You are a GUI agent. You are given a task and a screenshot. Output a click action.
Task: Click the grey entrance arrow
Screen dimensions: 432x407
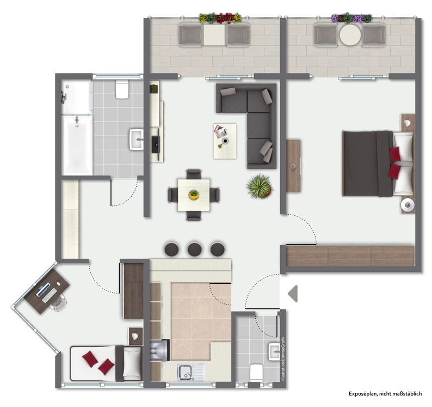pyautogui.click(x=293, y=294)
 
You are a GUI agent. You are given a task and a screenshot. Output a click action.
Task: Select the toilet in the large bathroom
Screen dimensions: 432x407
pyautogui.click(x=122, y=89)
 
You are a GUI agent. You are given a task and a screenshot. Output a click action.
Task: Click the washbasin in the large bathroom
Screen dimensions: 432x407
pyautogui.click(x=137, y=139)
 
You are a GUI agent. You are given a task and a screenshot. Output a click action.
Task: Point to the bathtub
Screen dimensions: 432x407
pyautogui.click(x=77, y=145)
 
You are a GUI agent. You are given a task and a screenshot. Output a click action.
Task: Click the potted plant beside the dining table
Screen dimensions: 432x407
pyautogui.click(x=260, y=186)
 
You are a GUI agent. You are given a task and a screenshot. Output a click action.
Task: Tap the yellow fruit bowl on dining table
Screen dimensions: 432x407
pyautogui.click(x=194, y=195)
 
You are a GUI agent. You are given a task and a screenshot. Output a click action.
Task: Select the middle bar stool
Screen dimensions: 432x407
pyautogui.click(x=195, y=249)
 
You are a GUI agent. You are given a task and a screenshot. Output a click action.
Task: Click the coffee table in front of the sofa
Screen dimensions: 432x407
pyautogui.click(x=225, y=141)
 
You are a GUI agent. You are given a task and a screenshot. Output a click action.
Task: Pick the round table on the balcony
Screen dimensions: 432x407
pyautogui.click(x=350, y=35)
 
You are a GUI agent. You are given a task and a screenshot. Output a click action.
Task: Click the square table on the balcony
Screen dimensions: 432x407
pyautogui.click(x=214, y=35)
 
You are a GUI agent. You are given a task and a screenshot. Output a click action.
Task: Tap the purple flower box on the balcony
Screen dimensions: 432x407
pyautogui.click(x=351, y=18)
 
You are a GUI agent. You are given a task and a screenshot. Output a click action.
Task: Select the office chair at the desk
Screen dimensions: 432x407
pyautogui.click(x=59, y=302)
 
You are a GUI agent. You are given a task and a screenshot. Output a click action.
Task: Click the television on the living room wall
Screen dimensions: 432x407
pyautogui.click(x=155, y=144)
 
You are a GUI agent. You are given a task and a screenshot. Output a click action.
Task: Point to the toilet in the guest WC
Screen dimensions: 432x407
pyautogui.click(x=256, y=373)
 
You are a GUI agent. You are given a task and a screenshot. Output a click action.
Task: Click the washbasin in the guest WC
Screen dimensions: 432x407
pyautogui.click(x=274, y=351)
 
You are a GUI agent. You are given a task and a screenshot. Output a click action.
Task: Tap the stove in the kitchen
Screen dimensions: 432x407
pyautogui.click(x=159, y=350)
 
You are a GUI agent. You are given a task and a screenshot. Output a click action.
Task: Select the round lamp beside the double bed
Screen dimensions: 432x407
pyautogui.click(x=407, y=205)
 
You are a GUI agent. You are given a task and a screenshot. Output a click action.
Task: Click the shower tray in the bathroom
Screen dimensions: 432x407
pyautogui.click(x=77, y=97)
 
